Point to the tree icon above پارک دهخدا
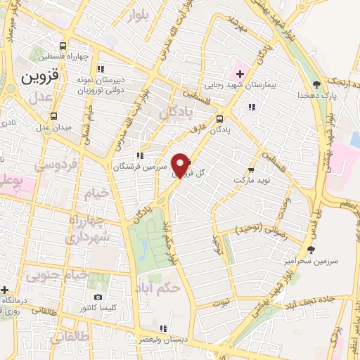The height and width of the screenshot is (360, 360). (x=316, y=83)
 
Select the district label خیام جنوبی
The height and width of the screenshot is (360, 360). (x=58, y=276)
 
